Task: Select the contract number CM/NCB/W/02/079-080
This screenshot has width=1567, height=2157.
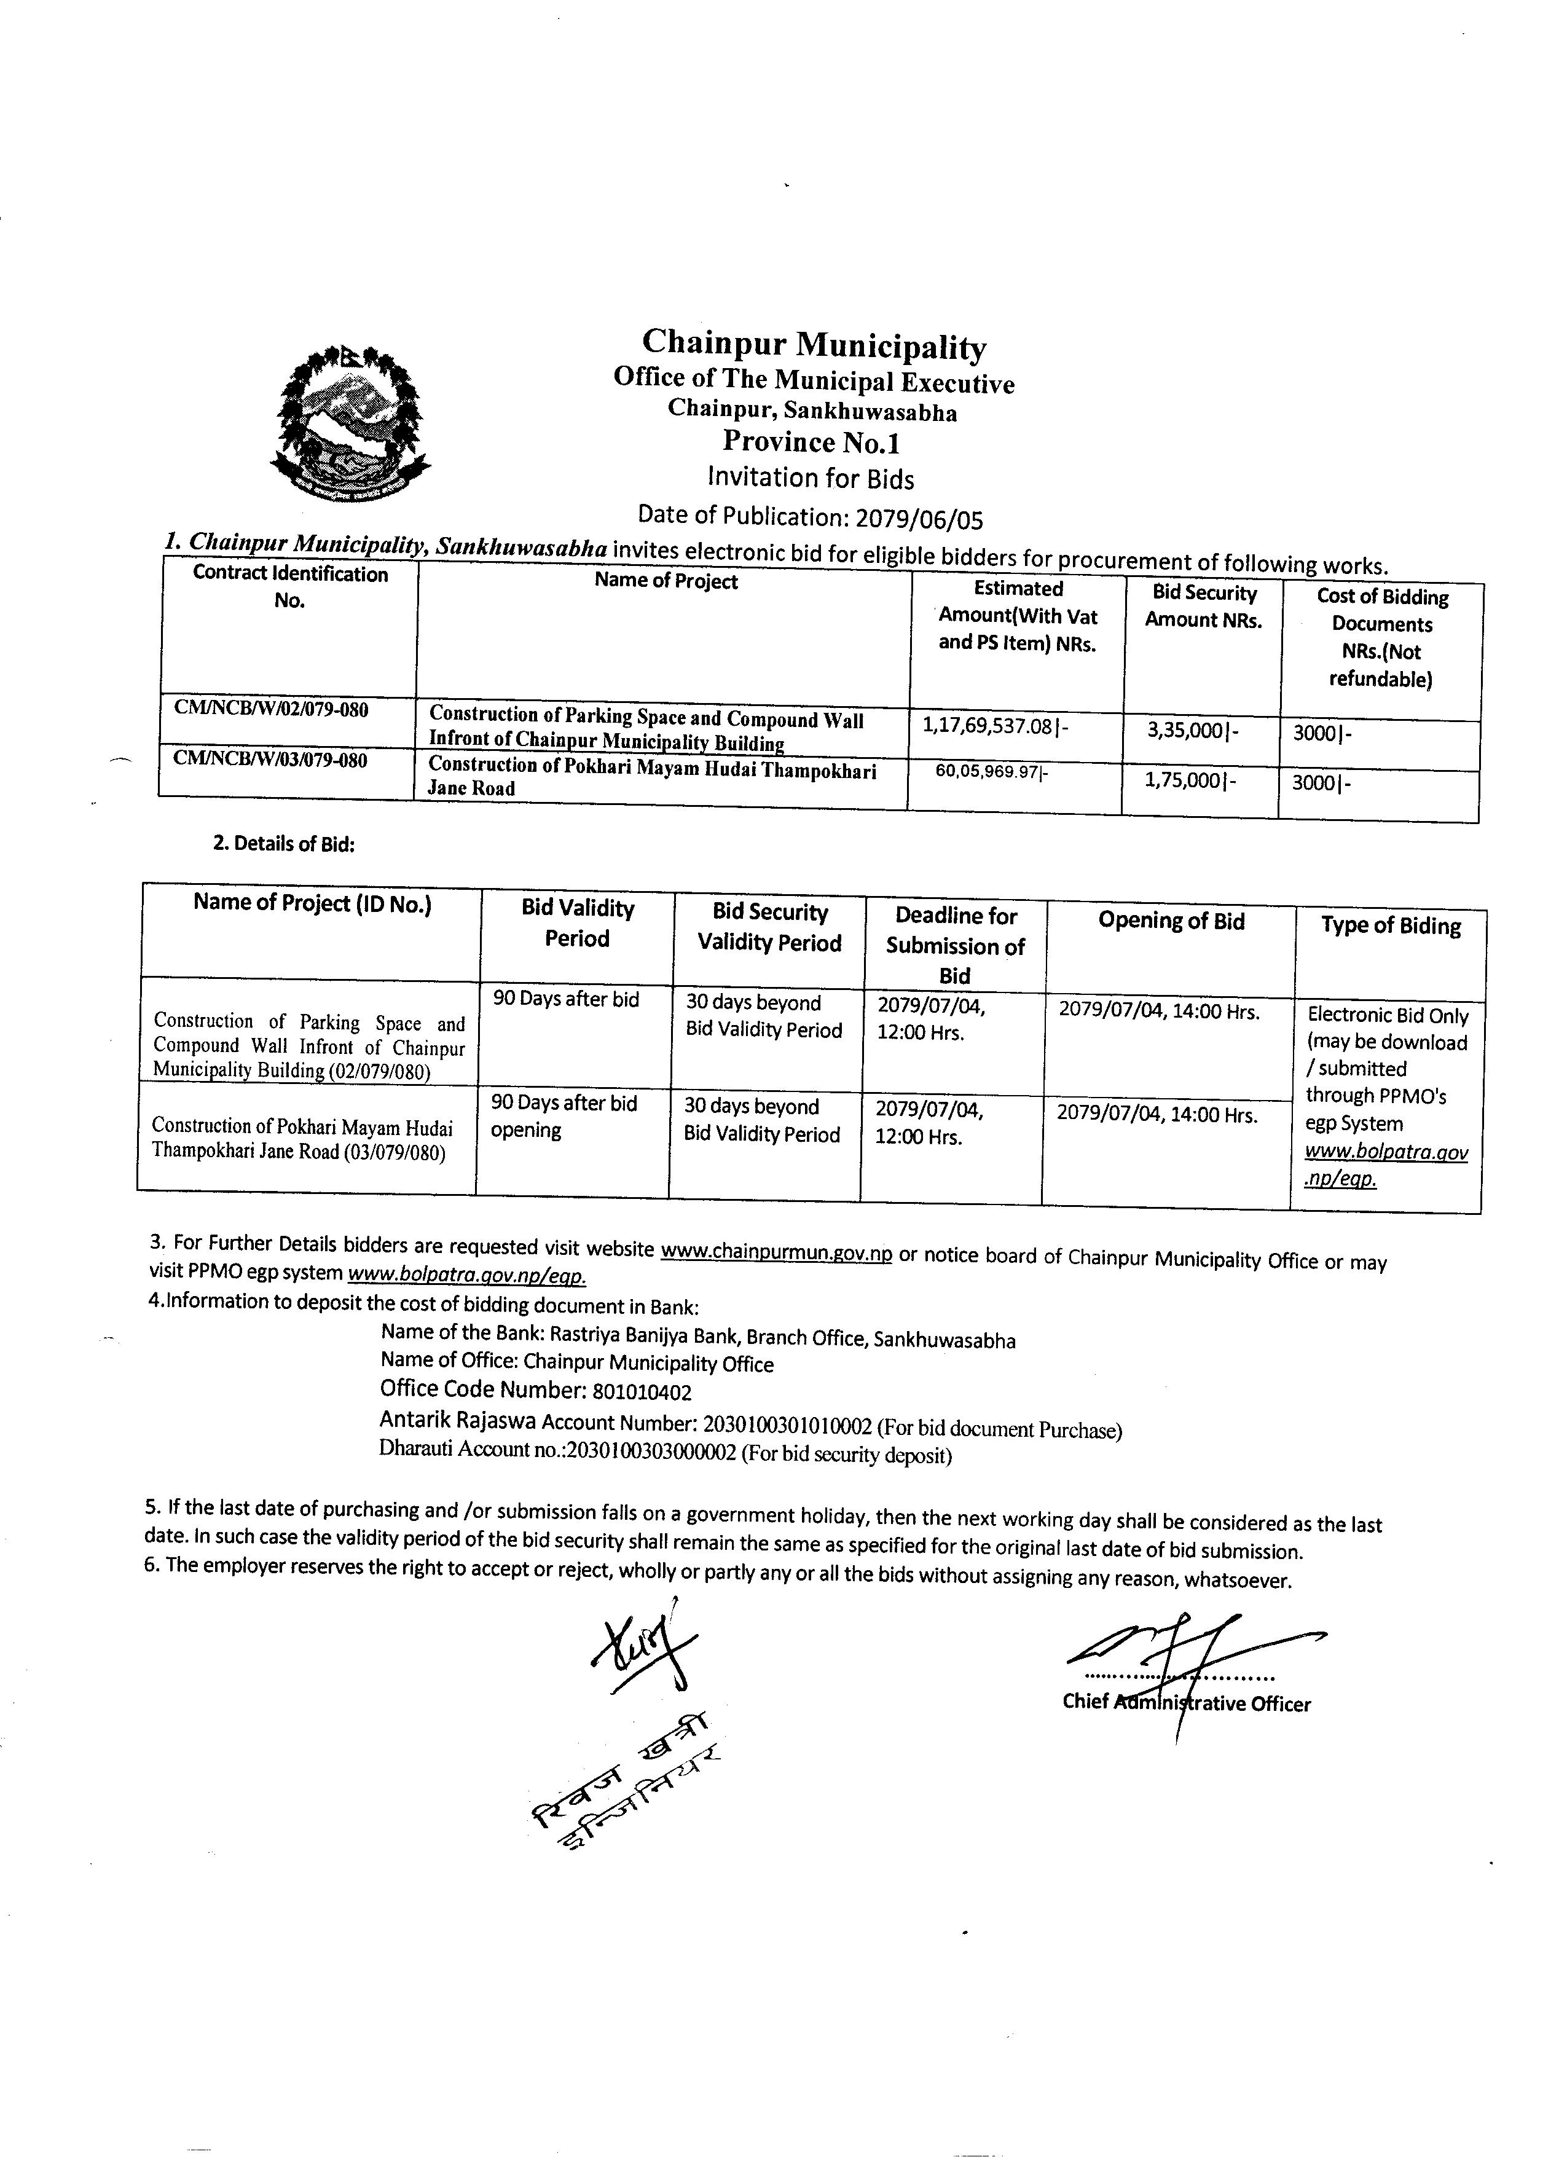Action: click(x=271, y=710)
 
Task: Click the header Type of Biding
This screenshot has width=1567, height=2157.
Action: click(x=1390, y=926)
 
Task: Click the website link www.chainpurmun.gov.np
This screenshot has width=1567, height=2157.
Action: click(x=776, y=1252)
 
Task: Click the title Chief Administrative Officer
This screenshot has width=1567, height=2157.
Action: click(x=1186, y=1703)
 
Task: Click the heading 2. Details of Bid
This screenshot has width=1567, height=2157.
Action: click(x=283, y=844)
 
